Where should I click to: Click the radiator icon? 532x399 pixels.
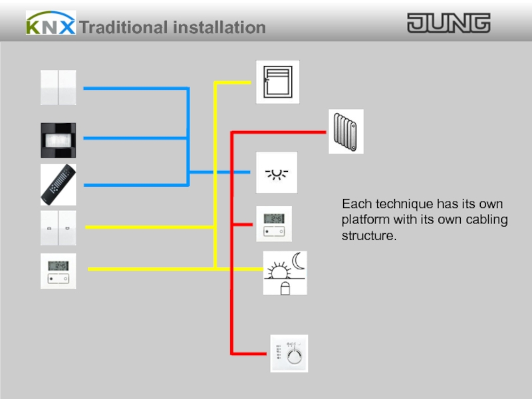(346, 132)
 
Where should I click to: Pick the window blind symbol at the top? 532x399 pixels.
(277, 82)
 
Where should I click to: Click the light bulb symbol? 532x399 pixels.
(277, 172)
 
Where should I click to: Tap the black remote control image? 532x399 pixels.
(58, 184)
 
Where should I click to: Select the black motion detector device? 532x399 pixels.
(58, 138)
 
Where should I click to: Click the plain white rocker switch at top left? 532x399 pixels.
(58, 87)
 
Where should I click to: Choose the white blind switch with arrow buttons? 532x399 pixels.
(58, 228)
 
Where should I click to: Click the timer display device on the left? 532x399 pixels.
(58, 271)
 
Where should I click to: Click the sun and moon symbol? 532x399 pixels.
(285, 273)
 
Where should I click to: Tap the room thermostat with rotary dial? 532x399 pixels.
(289, 354)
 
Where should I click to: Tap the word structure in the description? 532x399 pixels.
(366, 236)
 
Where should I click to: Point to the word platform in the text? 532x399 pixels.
(364, 219)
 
